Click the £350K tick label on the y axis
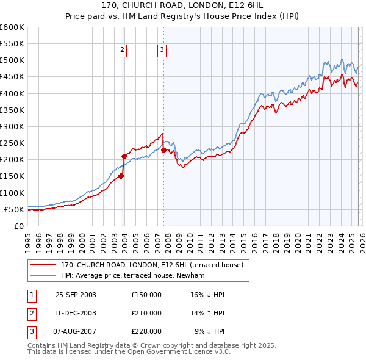[x=12, y=110]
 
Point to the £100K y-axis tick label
[x=12, y=193]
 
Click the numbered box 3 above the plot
[x=162, y=51]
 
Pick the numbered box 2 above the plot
[x=123, y=51]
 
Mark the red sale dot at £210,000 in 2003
[x=124, y=156]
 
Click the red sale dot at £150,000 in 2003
[x=121, y=176]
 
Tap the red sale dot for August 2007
[x=163, y=150]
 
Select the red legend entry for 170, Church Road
[x=152, y=265]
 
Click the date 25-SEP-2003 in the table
[x=76, y=295]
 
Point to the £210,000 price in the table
[x=146, y=313]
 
